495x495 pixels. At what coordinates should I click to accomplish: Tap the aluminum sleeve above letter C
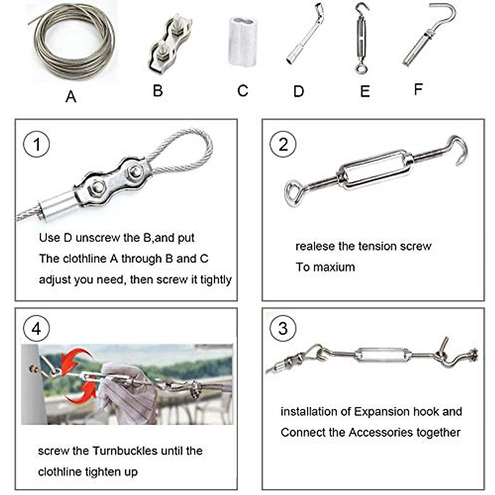pos(243,41)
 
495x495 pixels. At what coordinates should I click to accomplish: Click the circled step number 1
pos(36,144)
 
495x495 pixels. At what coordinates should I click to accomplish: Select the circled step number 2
pos(283,144)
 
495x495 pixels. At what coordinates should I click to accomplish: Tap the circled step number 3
pos(283,329)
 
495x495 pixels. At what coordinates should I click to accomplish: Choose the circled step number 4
pos(36,329)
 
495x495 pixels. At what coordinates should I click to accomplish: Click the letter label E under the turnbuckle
pos(365,91)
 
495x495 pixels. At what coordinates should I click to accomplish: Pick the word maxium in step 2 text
pos(334,267)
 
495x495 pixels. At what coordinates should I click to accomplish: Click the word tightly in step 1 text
pos(216,280)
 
